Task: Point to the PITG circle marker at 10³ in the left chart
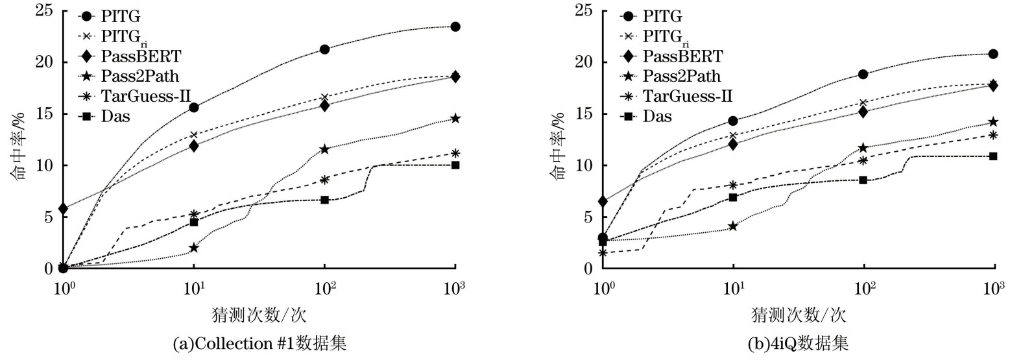pyautogui.click(x=455, y=27)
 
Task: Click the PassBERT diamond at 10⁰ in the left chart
pyautogui.click(x=63, y=209)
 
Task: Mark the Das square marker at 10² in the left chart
pyautogui.click(x=324, y=200)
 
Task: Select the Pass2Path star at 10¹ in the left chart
pyautogui.click(x=193, y=247)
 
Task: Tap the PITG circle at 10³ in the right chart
pyautogui.click(x=993, y=54)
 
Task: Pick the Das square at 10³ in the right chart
pyautogui.click(x=993, y=156)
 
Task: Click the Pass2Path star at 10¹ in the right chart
pyautogui.click(x=733, y=226)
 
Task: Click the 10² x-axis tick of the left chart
pyautogui.click(x=325, y=286)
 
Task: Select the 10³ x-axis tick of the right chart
pyautogui.click(x=994, y=286)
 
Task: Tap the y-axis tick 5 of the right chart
pyautogui.click(x=588, y=217)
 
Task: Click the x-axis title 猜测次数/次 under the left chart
pyautogui.click(x=259, y=316)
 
